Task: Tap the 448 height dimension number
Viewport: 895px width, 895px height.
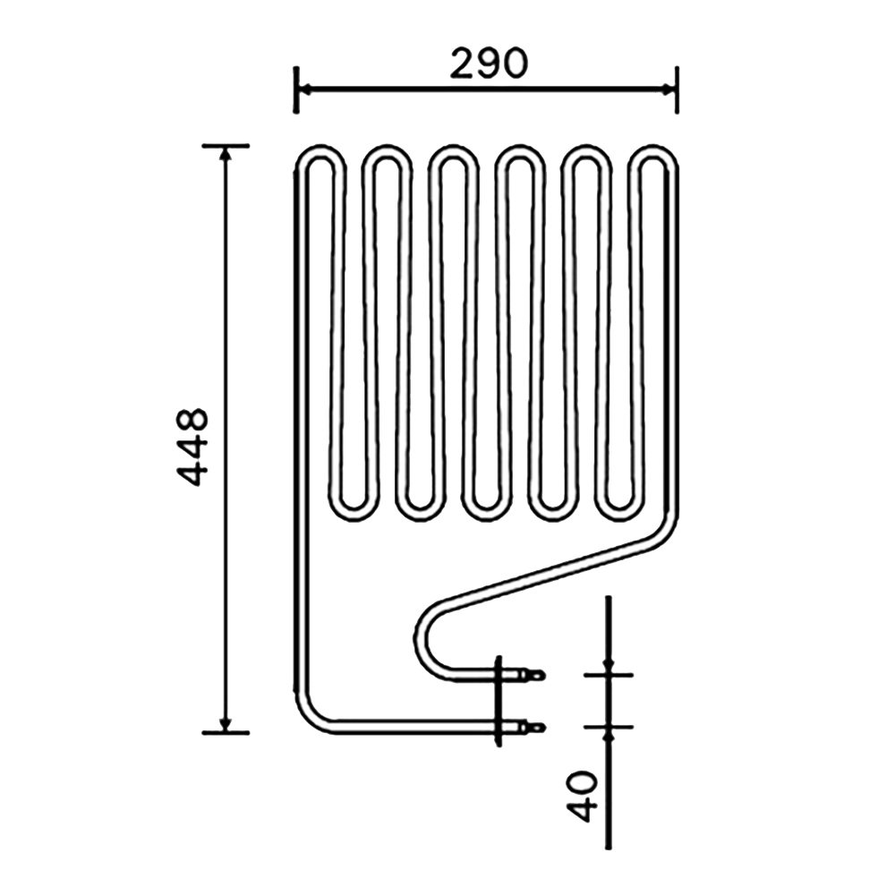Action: click(x=192, y=447)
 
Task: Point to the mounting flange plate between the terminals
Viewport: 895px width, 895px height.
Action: click(x=499, y=702)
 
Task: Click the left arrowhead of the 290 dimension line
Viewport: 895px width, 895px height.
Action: click(x=305, y=89)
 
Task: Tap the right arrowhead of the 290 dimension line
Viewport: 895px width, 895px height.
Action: click(x=667, y=89)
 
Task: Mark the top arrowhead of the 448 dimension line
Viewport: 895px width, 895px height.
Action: click(x=226, y=154)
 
